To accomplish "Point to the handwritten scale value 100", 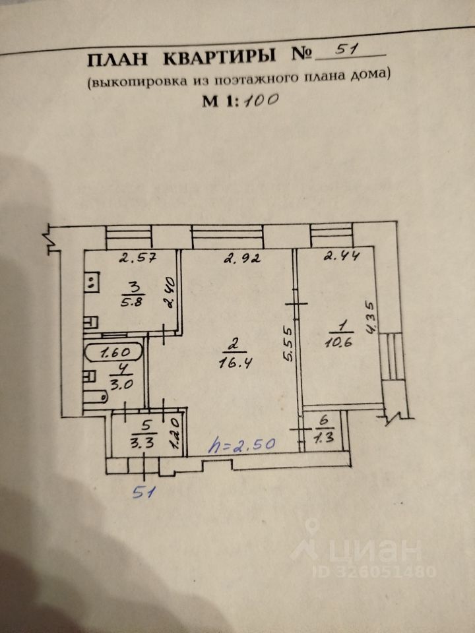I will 260,100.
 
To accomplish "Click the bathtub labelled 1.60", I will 113,353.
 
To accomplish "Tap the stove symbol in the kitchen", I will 92,282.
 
